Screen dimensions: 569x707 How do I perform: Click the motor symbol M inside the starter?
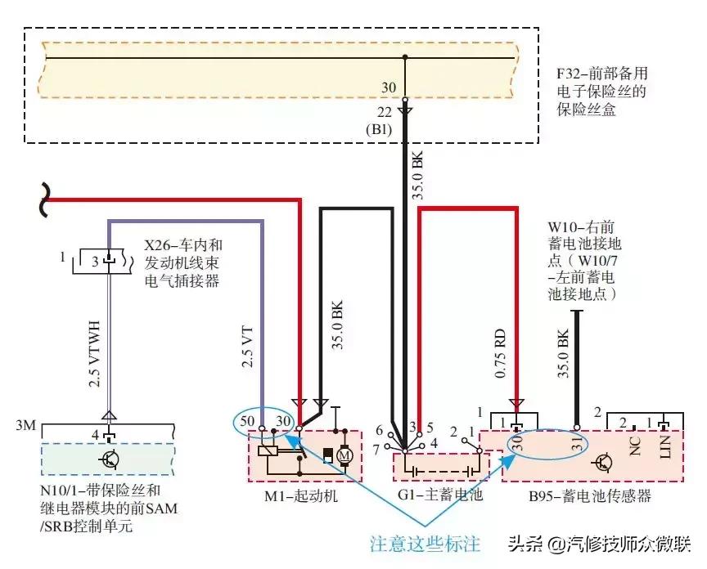(344, 455)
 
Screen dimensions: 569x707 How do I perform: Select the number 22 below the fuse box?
(385, 113)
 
